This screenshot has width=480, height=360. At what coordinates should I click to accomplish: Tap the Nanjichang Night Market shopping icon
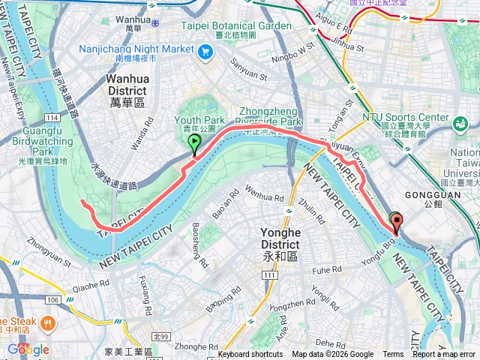point(205,52)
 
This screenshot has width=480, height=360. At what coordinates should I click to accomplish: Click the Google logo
point(28,349)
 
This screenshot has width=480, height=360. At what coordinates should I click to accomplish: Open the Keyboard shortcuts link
point(250,355)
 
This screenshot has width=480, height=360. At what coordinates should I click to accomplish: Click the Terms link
point(393,355)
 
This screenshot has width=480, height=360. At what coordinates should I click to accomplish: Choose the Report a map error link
point(444,355)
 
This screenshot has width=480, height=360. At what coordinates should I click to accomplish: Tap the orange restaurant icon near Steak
point(47,323)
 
